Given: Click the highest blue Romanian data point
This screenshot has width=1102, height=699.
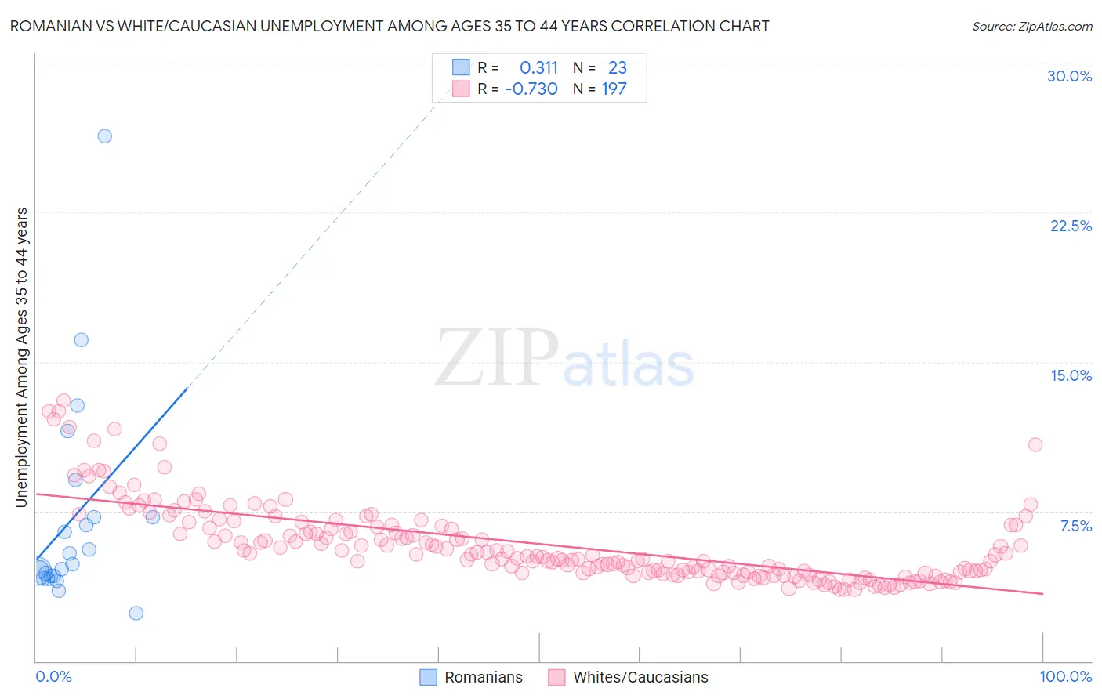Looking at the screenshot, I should (x=104, y=136).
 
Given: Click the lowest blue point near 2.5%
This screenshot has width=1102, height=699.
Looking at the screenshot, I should (x=136, y=613).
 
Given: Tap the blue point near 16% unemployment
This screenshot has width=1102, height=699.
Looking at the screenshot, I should (x=81, y=340).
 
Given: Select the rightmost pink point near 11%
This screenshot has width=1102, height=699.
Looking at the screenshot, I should (x=1035, y=444).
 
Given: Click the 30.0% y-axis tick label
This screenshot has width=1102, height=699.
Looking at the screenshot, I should (x=1069, y=76).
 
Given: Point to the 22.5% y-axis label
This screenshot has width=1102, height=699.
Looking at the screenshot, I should (x=1071, y=226).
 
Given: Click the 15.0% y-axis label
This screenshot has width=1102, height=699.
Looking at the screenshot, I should (x=1071, y=375).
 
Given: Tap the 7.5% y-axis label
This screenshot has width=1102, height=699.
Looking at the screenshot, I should (x=1075, y=526).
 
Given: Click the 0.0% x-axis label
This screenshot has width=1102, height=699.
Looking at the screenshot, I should (x=53, y=676).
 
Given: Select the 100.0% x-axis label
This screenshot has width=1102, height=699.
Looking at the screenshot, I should (x=1065, y=676).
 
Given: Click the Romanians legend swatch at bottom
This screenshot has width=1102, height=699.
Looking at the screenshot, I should (x=428, y=677).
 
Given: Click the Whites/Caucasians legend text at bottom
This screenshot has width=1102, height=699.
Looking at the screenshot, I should (x=640, y=677).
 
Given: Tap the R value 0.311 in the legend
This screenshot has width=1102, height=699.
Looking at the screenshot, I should (x=538, y=68).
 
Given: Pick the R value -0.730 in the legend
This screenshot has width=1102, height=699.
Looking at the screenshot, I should (x=531, y=89).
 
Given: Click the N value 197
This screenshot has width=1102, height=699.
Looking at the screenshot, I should (x=614, y=89).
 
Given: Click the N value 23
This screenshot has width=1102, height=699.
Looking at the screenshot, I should (x=617, y=68).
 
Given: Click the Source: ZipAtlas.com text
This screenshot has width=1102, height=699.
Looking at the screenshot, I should (x=1031, y=26).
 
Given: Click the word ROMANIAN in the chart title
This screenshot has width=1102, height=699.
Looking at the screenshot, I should (x=46, y=26).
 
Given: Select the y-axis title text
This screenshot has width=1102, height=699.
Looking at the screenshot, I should (x=21, y=357).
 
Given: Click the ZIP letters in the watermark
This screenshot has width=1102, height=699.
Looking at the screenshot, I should (x=496, y=358).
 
